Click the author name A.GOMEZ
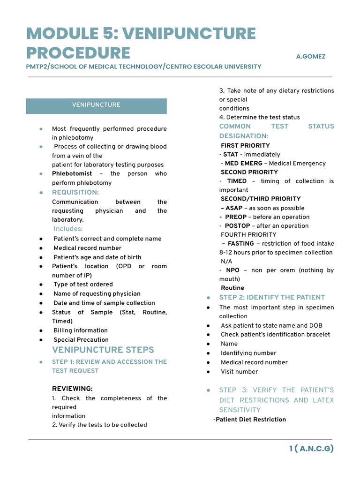click(310, 56)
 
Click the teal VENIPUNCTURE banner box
click(96, 105)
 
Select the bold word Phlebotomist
click(72, 173)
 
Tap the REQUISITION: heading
click(75, 192)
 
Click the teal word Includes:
click(68, 229)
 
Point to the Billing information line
click(80, 330)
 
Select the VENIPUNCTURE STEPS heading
click(103, 350)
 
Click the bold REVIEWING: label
click(72, 389)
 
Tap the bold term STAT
click(231, 154)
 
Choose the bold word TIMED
click(237, 181)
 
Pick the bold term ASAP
click(233, 208)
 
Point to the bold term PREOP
click(235, 217)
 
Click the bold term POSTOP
click(237, 226)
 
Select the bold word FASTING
click(240, 244)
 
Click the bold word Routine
click(232, 288)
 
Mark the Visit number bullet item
click(239, 372)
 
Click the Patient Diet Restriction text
click(250, 420)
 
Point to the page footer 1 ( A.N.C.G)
click(311, 449)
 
